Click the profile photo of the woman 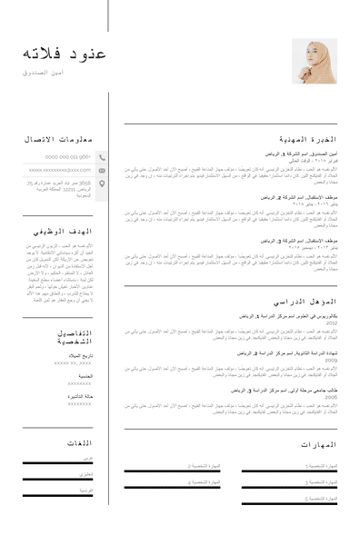pos(315,62)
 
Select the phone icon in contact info pos(102,156)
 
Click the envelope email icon pos(102,170)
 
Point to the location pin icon pos(102,184)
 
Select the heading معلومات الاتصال pos(58,139)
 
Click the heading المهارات pos(318,445)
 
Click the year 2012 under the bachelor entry pos(332,322)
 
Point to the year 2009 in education pos(332,360)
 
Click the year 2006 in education pos(332,397)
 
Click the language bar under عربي pos(58,464)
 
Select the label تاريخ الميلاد pos(78,355)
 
